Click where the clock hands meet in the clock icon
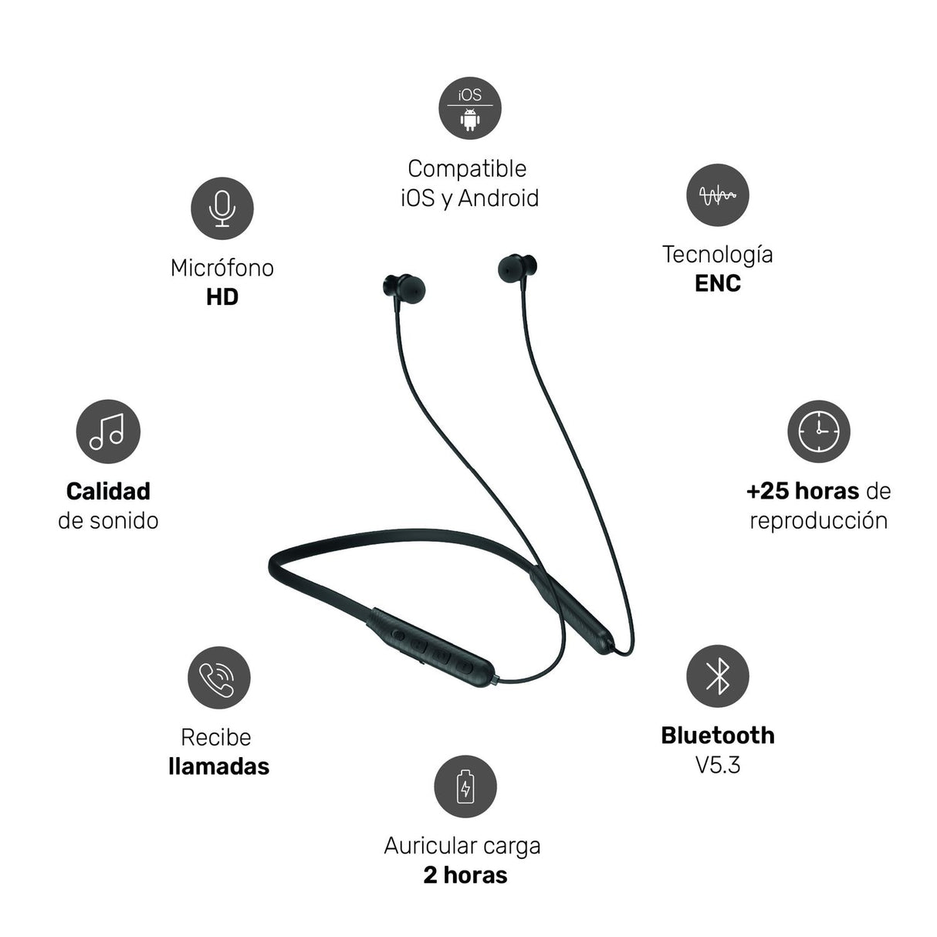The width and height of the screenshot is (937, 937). (x=818, y=431)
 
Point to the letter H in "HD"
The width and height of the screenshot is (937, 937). (x=215, y=297)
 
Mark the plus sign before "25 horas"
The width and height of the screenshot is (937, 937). (x=753, y=492)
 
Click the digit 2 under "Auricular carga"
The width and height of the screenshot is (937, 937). (x=431, y=875)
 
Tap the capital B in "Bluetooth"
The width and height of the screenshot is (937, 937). (x=669, y=736)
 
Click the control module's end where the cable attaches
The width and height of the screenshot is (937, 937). (x=496, y=680)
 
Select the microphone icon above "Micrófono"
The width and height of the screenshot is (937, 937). (x=222, y=208)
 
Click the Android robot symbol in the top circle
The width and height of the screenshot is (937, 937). (x=470, y=120)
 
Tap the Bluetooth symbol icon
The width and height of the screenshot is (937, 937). (x=718, y=676)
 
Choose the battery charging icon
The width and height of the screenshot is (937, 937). (x=465, y=786)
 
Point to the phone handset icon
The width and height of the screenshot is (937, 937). (x=218, y=678)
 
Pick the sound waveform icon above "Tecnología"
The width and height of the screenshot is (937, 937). (x=718, y=195)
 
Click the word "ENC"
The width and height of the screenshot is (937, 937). (x=718, y=283)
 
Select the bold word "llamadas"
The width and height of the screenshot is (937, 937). (x=218, y=766)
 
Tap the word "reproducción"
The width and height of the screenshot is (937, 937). (x=819, y=521)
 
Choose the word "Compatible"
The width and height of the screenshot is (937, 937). (x=467, y=169)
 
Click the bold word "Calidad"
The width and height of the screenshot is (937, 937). (x=108, y=491)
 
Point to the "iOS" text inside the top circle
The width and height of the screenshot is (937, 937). (x=470, y=95)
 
